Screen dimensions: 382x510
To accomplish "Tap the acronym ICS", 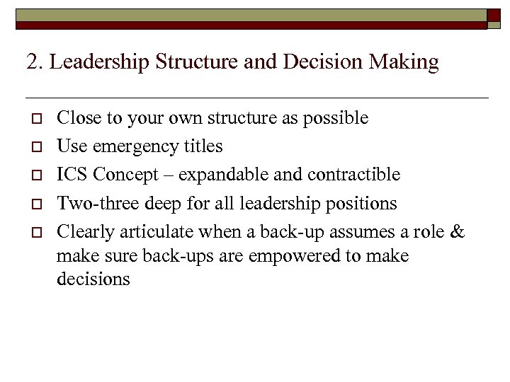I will [72, 175].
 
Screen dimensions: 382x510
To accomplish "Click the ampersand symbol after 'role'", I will [458, 231].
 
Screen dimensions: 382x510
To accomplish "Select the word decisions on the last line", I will [93, 279].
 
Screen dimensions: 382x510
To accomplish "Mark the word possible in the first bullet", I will [336, 118].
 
